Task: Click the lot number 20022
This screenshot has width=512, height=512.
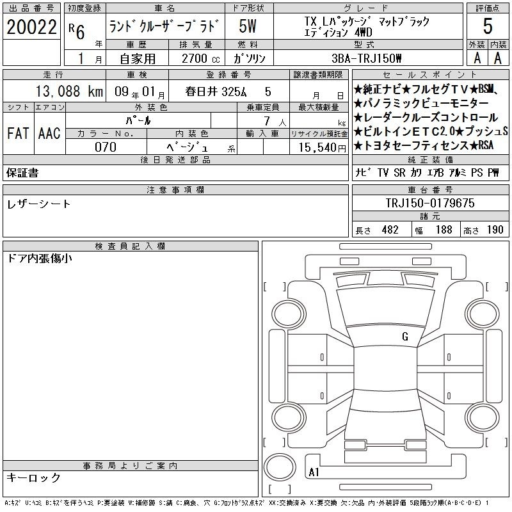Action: tap(31, 27)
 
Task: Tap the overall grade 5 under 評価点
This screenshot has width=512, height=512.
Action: tap(488, 26)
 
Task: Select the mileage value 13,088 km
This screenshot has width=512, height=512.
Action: tap(69, 91)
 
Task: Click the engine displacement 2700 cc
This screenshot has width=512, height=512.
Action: tap(200, 58)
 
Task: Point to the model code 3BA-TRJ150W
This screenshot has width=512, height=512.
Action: tap(366, 58)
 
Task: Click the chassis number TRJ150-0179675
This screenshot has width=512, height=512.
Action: tap(430, 203)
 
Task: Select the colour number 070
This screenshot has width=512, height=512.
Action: tap(106, 147)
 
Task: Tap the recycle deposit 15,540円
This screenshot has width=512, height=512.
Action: tap(322, 148)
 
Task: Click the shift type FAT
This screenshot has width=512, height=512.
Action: tap(19, 133)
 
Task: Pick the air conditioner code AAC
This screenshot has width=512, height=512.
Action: tap(49, 133)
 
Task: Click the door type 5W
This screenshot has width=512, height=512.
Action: tap(248, 26)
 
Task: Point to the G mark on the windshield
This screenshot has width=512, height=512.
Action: tap(405, 337)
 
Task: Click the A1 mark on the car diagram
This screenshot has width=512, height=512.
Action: tap(314, 472)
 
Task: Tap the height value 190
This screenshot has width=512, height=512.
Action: tap(495, 230)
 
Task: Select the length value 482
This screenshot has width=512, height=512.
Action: tap(390, 230)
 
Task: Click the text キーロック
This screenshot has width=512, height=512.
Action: tap(33, 477)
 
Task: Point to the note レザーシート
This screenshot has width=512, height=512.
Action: tap(38, 204)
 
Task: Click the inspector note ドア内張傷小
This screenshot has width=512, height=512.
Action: tap(40, 259)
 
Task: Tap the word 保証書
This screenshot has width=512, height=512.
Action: tap(22, 173)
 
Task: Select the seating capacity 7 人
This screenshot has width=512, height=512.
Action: tap(275, 121)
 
